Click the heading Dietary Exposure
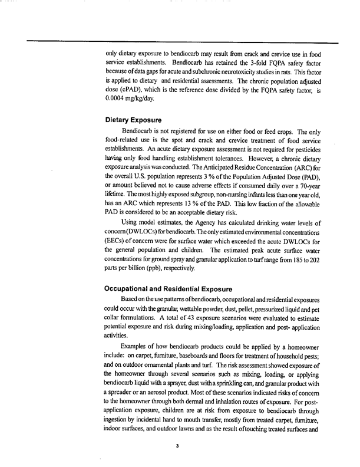pyautogui.click(x=131, y=119)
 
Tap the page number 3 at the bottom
pyautogui.click(x=177, y=446)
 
